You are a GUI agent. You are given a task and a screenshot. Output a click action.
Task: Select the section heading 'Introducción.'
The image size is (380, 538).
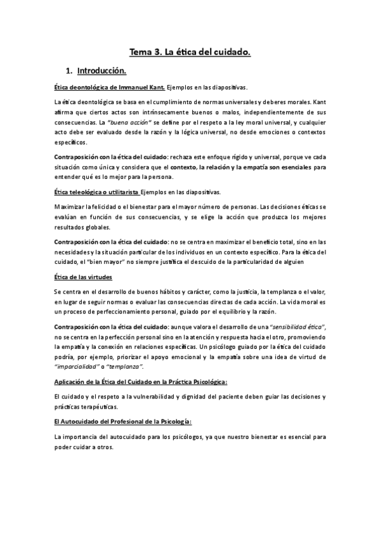(102, 70)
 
